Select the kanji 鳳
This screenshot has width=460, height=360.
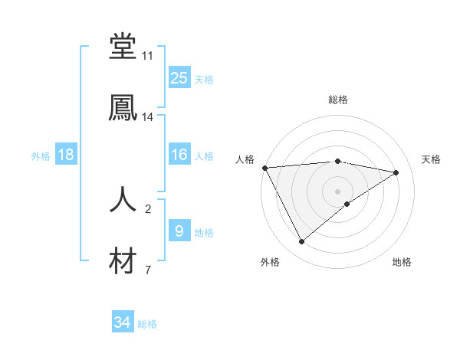[123, 107]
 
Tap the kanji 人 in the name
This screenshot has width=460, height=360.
[123, 199]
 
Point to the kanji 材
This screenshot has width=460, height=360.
[123, 260]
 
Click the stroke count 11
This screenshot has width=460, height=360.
[147, 56]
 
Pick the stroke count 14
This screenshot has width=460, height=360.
[147, 117]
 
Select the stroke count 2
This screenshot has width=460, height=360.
[147, 208]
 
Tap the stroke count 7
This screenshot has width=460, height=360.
[147, 270]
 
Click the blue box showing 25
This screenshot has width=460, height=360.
[179, 78]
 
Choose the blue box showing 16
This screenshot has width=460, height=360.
[179, 155]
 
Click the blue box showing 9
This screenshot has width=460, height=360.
[179, 231]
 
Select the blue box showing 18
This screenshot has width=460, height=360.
[66, 155]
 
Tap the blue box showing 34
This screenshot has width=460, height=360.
[123, 323]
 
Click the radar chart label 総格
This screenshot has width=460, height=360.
[338, 100]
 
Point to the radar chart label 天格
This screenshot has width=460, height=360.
[431, 159]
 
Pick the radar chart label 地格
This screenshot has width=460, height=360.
[402, 263]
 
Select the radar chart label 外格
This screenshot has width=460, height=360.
[270, 263]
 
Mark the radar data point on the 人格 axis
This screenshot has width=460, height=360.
[264, 168]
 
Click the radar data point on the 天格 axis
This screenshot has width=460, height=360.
[396, 172]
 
